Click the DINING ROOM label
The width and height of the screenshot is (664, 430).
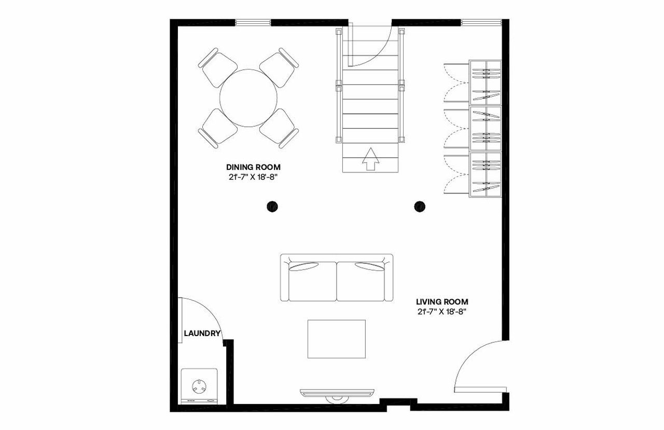pos(253,167)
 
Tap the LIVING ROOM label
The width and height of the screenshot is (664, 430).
pos(442,302)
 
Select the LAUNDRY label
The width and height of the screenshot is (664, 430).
pos(202,333)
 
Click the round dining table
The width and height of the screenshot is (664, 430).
pos(248,98)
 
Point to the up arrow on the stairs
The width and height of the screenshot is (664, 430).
pos(370,159)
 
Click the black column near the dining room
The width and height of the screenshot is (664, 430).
pos(272,206)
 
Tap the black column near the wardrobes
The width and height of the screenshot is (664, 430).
pos(420,206)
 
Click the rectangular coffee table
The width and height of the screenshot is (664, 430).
pos(337,339)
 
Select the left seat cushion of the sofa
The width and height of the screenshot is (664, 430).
pos(312,281)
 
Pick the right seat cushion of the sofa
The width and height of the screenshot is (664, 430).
pos(361,281)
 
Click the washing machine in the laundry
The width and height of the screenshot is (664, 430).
pos(199,386)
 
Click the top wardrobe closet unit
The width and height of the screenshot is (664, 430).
pos(485,83)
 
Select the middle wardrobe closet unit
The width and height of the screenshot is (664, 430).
pos(485,128)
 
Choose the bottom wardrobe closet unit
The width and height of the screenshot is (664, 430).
pos(485,174)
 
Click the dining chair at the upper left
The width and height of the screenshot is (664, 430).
pos(218,68)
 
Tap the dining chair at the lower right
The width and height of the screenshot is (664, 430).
pos(279,128)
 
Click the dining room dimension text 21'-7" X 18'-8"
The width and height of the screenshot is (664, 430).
pos(253,177)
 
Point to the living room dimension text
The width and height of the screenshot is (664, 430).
pos(442,312)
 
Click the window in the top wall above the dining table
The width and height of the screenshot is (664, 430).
pos(253,22)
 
